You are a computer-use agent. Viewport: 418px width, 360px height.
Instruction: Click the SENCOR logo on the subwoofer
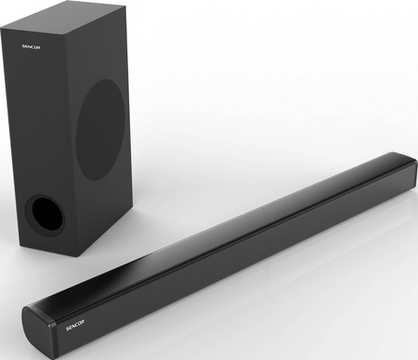coord(31,47)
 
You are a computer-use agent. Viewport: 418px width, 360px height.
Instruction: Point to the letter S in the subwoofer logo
coord(23,46)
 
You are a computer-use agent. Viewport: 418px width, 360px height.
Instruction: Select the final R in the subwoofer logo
coord(38,47)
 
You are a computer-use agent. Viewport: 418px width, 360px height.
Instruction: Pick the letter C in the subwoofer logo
coord(32,47)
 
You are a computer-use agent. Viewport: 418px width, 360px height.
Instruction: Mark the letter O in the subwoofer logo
coord(35,47)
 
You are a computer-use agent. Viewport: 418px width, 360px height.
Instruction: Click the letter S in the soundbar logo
coord(68,328)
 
